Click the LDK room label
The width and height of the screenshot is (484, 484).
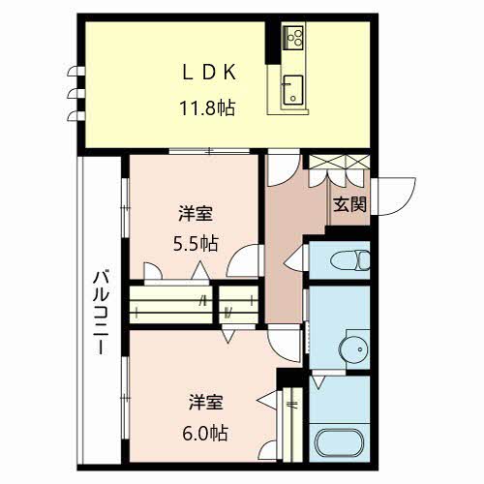coord(209,73)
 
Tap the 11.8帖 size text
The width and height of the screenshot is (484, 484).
coord(207,107)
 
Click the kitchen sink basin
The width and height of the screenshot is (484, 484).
coord(293,90)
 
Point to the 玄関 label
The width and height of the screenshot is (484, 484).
coord(349,204)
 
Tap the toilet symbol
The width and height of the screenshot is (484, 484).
coord(350,260)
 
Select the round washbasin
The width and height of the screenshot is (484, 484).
coord(353,349)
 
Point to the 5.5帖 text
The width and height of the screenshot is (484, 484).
coord(196,244)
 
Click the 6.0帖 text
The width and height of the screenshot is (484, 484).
coord(205,434)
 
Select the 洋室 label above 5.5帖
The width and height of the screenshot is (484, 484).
coord(196,214)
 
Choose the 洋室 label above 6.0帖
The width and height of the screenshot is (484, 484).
coord(205,402)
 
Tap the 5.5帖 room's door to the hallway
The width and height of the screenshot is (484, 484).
coord(242,261)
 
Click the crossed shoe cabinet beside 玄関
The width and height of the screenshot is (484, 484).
coord(339,162)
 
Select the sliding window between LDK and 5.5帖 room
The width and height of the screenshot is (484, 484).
coord(209,151)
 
